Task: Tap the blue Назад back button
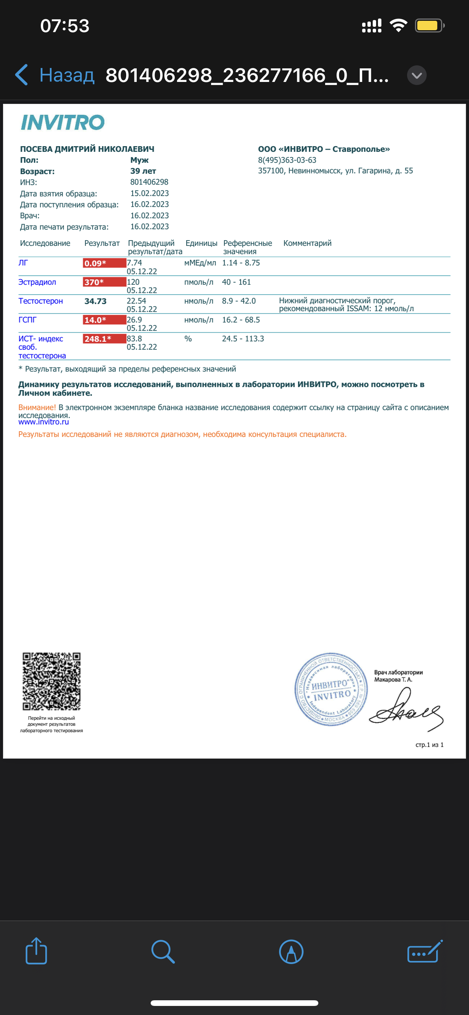pos(55,75)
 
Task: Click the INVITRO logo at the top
pos(63,123)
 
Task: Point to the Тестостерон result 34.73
pos(96,301)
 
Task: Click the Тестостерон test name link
pos(41,301)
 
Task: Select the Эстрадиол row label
pos(37,282)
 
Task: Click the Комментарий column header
pos(307,243)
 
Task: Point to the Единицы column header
pos(201,243)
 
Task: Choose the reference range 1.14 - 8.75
pos(241,263)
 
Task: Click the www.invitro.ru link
pos(44,422)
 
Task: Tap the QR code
pos(52,681)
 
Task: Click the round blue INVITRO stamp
pos(331,689)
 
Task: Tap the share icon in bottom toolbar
pos(36,951)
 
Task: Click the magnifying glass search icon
pos(163,952)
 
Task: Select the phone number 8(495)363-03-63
pos(287,160)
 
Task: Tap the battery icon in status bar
pos(429,26)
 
